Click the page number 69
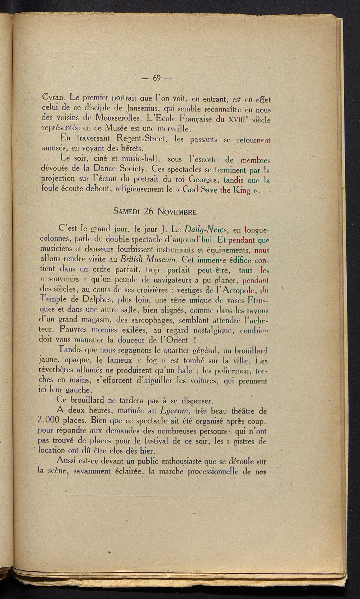coord(156,78)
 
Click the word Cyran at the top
coord(53,96)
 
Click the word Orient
coord(170,340)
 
